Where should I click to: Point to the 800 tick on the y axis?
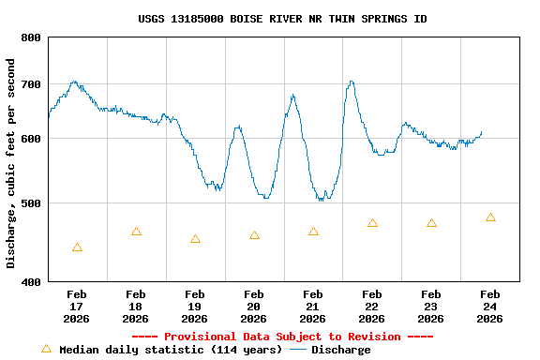31,37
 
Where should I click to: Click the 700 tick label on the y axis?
31,84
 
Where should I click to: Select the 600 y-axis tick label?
31,140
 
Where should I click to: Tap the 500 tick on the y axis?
31,203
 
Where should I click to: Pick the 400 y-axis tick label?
31,282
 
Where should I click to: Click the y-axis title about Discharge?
11,163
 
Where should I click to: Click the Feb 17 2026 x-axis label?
77,307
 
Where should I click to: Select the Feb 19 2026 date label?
195,307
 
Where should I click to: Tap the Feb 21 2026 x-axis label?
313,307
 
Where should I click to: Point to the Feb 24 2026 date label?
489,307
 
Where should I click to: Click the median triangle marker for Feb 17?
77,247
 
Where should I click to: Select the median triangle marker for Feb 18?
136,232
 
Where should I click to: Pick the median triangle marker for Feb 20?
254,235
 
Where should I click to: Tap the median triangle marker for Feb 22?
372,223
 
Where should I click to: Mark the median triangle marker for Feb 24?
490,217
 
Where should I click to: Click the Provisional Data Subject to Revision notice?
282,337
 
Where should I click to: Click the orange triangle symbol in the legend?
46,349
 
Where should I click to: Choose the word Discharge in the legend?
340,350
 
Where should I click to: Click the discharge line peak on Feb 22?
351,82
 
